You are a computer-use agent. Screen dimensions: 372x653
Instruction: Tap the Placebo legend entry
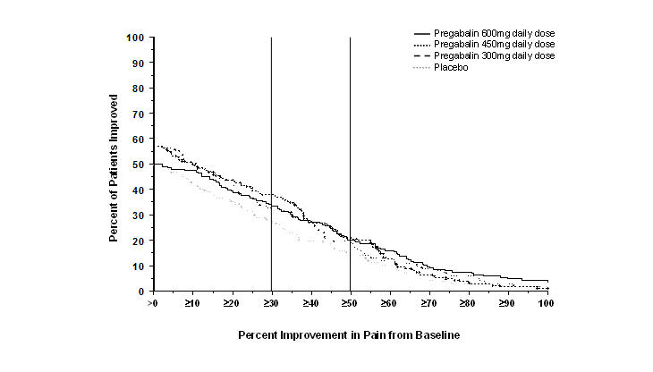451,68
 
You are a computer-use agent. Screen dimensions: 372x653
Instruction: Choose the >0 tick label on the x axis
154,304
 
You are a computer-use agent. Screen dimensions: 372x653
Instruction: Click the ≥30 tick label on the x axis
270,304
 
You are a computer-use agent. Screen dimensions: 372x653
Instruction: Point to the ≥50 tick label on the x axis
349,304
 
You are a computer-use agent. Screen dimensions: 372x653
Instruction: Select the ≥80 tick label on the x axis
467,304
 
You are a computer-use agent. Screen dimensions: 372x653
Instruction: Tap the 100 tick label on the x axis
547,304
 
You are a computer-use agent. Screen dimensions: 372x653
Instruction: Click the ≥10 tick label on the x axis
191,304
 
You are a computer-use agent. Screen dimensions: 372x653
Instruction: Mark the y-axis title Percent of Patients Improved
114,165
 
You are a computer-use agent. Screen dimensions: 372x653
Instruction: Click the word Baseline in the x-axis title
436,335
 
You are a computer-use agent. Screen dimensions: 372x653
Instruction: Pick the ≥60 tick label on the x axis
388,304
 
